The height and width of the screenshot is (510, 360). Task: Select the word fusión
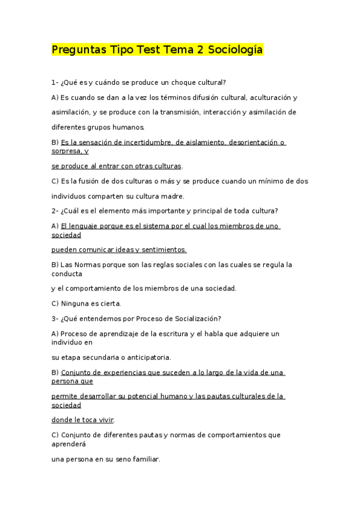(89, 181)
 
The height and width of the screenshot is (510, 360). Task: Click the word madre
(172, 196)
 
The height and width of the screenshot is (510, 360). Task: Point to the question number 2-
(55, 210)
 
